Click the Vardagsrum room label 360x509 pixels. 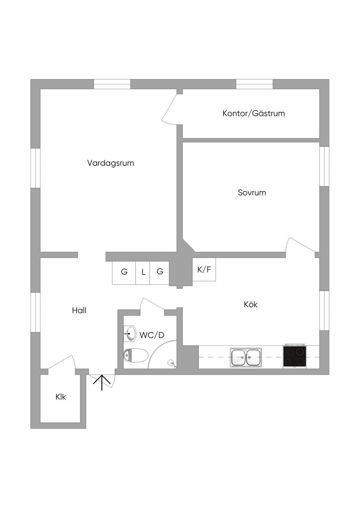coord(110,163)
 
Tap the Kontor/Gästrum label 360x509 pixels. coord(253,113)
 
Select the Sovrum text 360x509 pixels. coord(252,193)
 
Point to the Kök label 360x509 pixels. coord(251,304)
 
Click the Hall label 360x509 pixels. coord(79,311)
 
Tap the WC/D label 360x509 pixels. coord(152,335)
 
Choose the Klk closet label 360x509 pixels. coord(61,397)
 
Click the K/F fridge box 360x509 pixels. coord(204,269)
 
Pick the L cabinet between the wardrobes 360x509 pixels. coord(143,273)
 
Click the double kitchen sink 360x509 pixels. coord(246,357)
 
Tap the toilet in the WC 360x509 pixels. coord(136,355)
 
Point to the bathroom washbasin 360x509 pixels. coord(130,334)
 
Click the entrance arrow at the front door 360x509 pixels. coord(102,383)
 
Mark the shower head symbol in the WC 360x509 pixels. coord(172,364)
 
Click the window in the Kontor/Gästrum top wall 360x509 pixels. coord(254,84)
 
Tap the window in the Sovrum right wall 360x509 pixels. coord(324,167)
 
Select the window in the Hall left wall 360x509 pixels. coord(36,312)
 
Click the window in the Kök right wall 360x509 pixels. coord(324,311)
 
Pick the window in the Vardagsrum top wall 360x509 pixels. coord(112,84)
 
